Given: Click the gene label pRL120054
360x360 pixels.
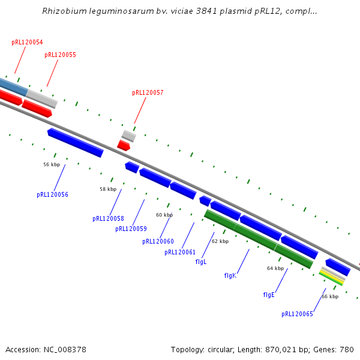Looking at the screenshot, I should coord(27,43).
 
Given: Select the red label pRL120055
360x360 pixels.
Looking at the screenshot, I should coord(60,55).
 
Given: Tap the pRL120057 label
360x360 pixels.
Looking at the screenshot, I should coord(148,93).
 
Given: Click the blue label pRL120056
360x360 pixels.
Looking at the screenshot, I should coord(52,195).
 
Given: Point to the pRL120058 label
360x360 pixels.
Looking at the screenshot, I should coord(108,219).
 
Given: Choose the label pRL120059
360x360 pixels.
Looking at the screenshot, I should coord(131,229).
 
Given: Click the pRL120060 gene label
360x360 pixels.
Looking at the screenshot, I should coord(158,242).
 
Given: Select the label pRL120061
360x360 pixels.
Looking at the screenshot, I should coord(180,253).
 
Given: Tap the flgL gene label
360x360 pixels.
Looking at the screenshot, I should coord(201,262).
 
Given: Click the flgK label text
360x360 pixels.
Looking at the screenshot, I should coord(230,276).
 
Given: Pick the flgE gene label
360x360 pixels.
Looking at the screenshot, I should coord(269,295).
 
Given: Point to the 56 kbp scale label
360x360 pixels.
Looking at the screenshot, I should coord(52,164).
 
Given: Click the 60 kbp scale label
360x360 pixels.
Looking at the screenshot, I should coord(164,215).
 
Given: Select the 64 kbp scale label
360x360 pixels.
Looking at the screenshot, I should coord(275,269).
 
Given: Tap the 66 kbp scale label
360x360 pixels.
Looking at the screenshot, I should coord(330,296).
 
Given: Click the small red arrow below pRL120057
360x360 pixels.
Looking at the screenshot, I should coord(124,145).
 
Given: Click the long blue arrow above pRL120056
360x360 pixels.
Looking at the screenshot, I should coord(76,143).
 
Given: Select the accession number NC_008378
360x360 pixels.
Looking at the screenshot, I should coord(63,349).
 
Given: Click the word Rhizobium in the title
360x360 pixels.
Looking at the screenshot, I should coord(62,11).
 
